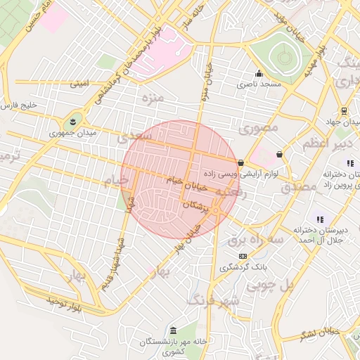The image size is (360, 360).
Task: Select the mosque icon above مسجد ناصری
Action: point(259,73)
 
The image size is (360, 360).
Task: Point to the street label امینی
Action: point(79,84)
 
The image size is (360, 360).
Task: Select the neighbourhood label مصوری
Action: point(259,128)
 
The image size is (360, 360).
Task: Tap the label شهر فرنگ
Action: point(214,300)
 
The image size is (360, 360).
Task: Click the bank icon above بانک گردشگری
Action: point(243,256)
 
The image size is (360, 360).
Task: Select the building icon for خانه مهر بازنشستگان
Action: point(173,330)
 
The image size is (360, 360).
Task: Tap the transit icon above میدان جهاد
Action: point(344,111)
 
